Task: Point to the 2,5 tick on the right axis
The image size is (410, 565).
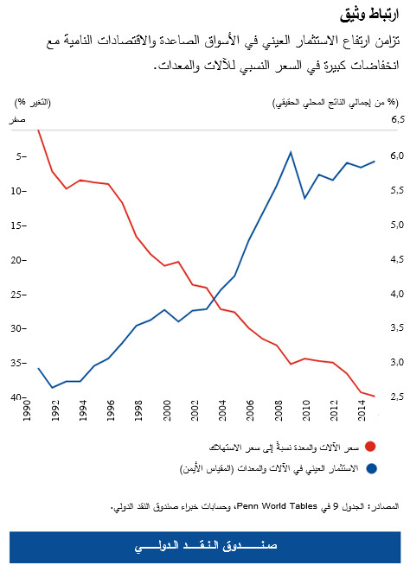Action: click(x=396, y=397)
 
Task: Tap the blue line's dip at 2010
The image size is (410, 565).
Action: click(x=304, y=198)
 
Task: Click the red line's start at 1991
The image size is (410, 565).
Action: click(x=37, y=130)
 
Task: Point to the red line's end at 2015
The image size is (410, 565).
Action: click(x=375, y=397)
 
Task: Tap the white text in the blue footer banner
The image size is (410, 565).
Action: click(x=205, y=545)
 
